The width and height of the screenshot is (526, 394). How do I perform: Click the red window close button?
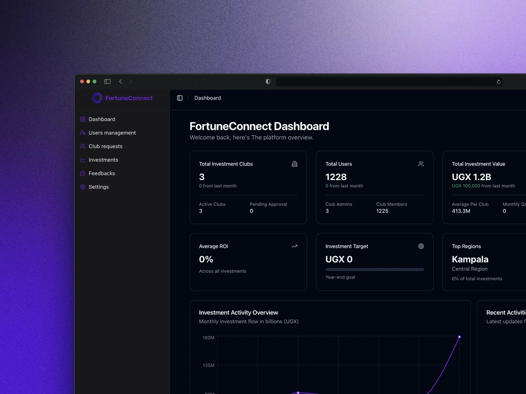pos(82,82)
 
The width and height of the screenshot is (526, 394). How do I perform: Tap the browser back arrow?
pos(121,82)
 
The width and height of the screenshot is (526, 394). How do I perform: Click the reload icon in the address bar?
pos(498,82)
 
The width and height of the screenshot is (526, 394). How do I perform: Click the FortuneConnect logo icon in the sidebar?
pos(97,98)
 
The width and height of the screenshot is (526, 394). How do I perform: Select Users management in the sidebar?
pos(112,133)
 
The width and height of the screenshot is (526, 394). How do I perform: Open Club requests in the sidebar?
pos(105,146)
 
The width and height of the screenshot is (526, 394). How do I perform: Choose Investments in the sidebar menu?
pos(103,160)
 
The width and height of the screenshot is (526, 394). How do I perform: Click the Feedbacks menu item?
pos(102,173)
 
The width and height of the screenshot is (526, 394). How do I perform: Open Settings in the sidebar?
pos(99,187)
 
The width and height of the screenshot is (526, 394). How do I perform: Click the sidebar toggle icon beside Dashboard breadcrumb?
pos(180,98)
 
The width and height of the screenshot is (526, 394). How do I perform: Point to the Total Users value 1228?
pos(336,177)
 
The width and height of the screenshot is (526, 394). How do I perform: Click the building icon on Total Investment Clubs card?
pos(295,164)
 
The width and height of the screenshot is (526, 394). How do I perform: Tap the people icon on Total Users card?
pos(421,164)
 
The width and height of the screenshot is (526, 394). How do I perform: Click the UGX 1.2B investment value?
pos(471,177)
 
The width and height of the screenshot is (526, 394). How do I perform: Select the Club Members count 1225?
pos(382,211)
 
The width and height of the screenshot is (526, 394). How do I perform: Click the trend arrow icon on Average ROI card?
pos(295,246)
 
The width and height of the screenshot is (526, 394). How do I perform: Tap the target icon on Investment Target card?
pos(421,246)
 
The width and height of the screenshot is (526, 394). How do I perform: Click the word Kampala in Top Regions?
pos(470,259)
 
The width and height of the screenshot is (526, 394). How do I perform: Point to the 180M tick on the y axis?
pos(208,338)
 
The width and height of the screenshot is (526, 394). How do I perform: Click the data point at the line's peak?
pos(459,337)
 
